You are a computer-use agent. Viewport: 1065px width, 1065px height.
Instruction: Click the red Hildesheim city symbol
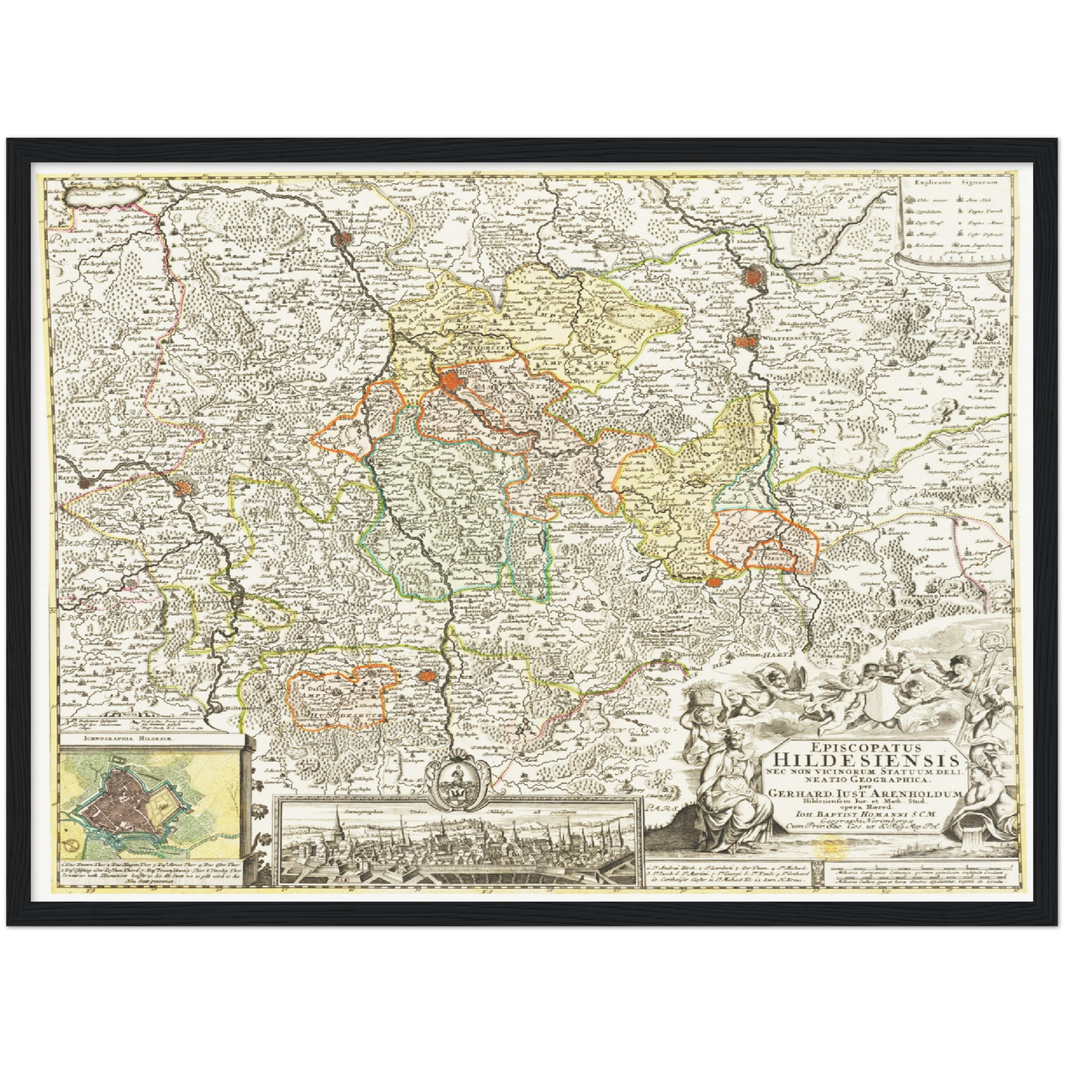(x=448, y=381)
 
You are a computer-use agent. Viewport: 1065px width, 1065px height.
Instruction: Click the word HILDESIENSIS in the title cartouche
(x=866, y=760)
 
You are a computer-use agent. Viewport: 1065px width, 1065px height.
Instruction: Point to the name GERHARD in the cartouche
(x=800, y=793)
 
